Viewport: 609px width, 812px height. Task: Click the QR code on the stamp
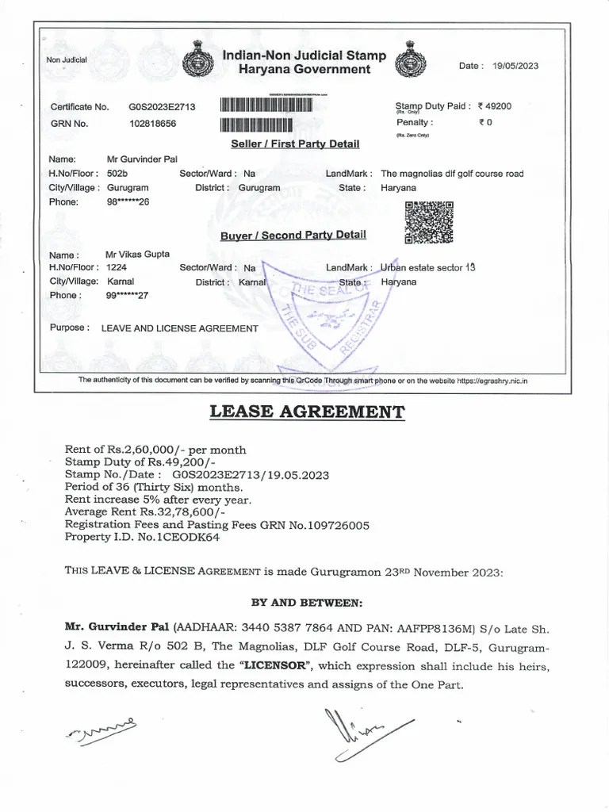[x=429, y=222]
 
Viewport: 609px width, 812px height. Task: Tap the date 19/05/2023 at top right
[x=515, y=66]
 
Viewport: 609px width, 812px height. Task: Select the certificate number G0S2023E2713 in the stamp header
[x=162, y=106]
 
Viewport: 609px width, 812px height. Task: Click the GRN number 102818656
[x=152, y=124]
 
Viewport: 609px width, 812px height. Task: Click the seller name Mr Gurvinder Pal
[x=142, y=159]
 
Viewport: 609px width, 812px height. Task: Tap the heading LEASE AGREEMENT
[x=306, y=412]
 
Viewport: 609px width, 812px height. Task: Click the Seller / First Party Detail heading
[x=295, y=144]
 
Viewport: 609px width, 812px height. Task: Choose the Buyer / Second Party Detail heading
[x=293, y=235]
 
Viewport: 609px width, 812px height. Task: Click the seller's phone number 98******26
[x=128, y=202]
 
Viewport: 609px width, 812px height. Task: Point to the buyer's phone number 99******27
[x=128, y=296]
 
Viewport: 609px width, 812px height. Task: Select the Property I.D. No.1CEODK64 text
[x=142, y=538]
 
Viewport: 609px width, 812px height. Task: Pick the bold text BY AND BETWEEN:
[x=306, y=602]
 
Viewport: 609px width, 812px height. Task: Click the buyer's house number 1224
[x=117, y=268]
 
